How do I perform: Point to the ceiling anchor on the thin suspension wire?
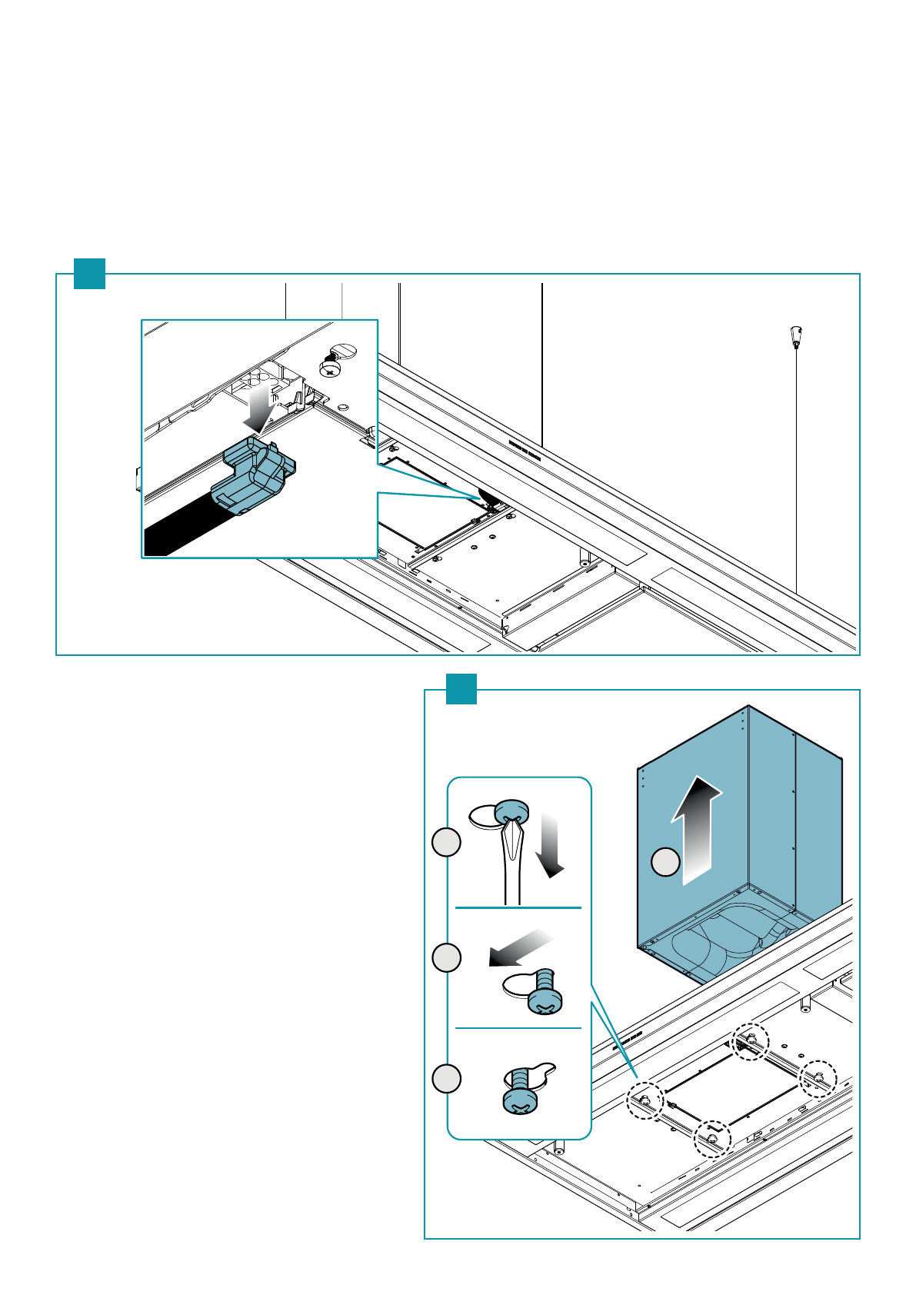pos(796,336)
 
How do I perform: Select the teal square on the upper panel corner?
pos(89,274)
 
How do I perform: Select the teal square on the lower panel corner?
pos(461,689)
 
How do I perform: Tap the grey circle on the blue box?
pos(666,861)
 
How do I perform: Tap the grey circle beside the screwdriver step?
pos(446,842)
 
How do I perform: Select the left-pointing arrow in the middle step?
pos(519,946)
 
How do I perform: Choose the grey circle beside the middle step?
pos(446,958)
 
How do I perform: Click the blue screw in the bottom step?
pos(521,1090)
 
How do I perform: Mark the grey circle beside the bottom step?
pos(446,1078)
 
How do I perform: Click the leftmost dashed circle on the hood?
pos(645,1102)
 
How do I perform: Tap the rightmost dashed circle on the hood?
pos(818,1078)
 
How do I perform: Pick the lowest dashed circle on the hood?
pos(713,1139)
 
